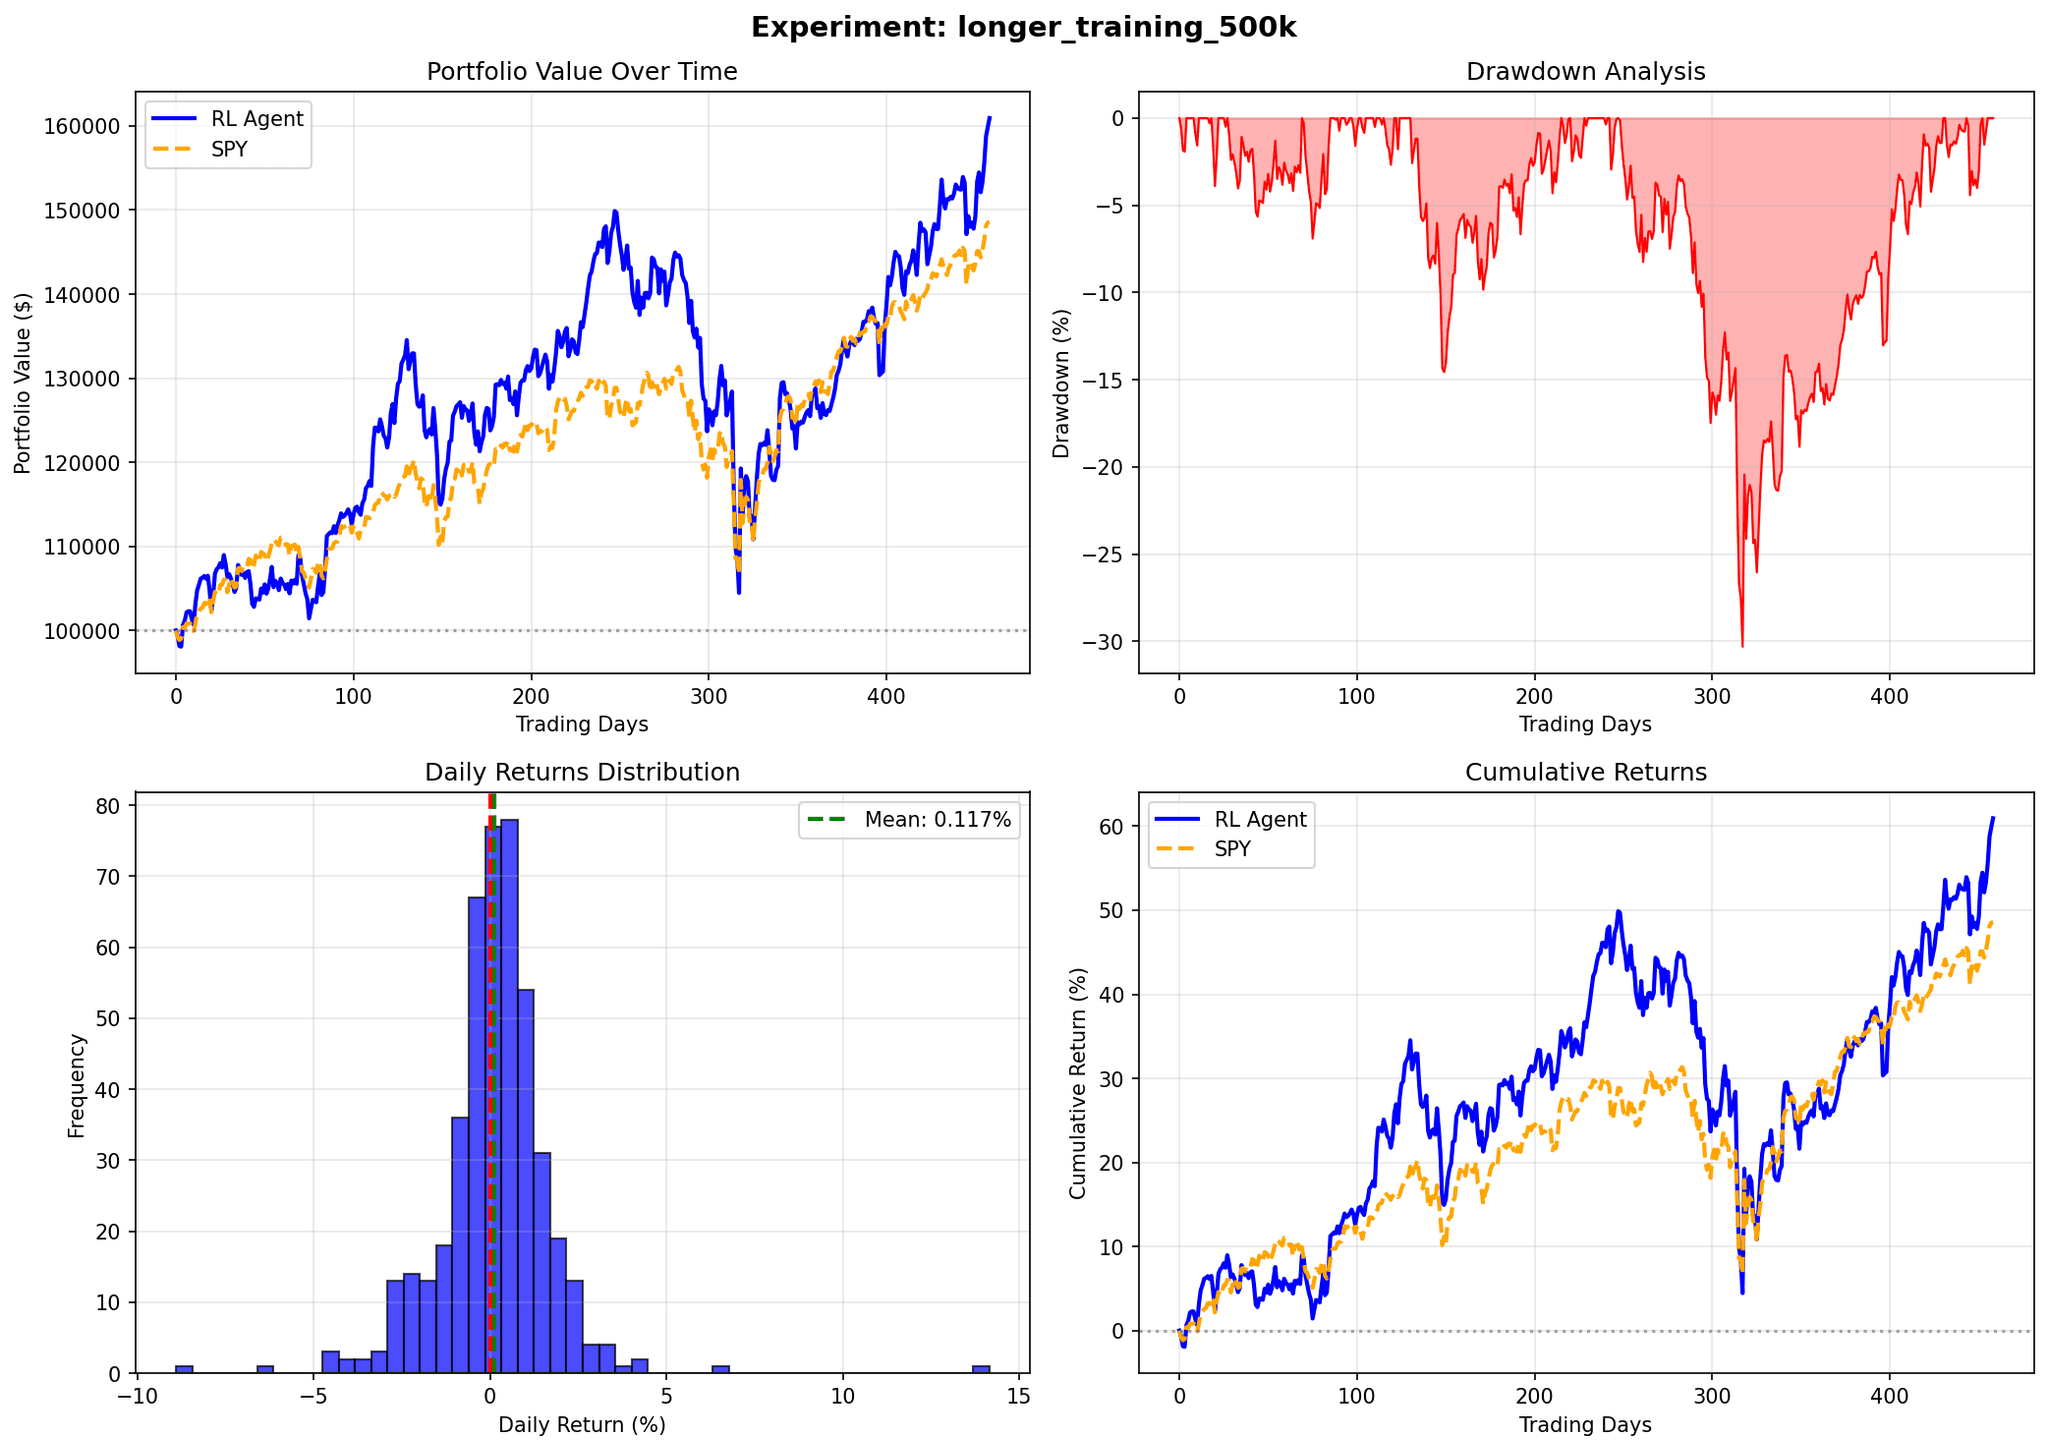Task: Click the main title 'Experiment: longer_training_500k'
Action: point(1023,28)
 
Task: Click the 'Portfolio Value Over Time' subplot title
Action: point(581,72)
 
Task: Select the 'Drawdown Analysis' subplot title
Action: point(1585,72)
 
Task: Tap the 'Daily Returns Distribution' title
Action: point(581,772)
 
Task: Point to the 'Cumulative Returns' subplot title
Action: point(1585,772)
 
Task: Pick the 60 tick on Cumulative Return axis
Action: point(1111,826)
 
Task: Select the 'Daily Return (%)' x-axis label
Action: point(581,1424)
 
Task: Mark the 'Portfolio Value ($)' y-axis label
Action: point(23,383)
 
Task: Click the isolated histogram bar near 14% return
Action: point(981,1368)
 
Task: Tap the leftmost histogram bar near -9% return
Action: point(184,1368)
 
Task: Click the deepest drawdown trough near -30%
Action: point(1742,644)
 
